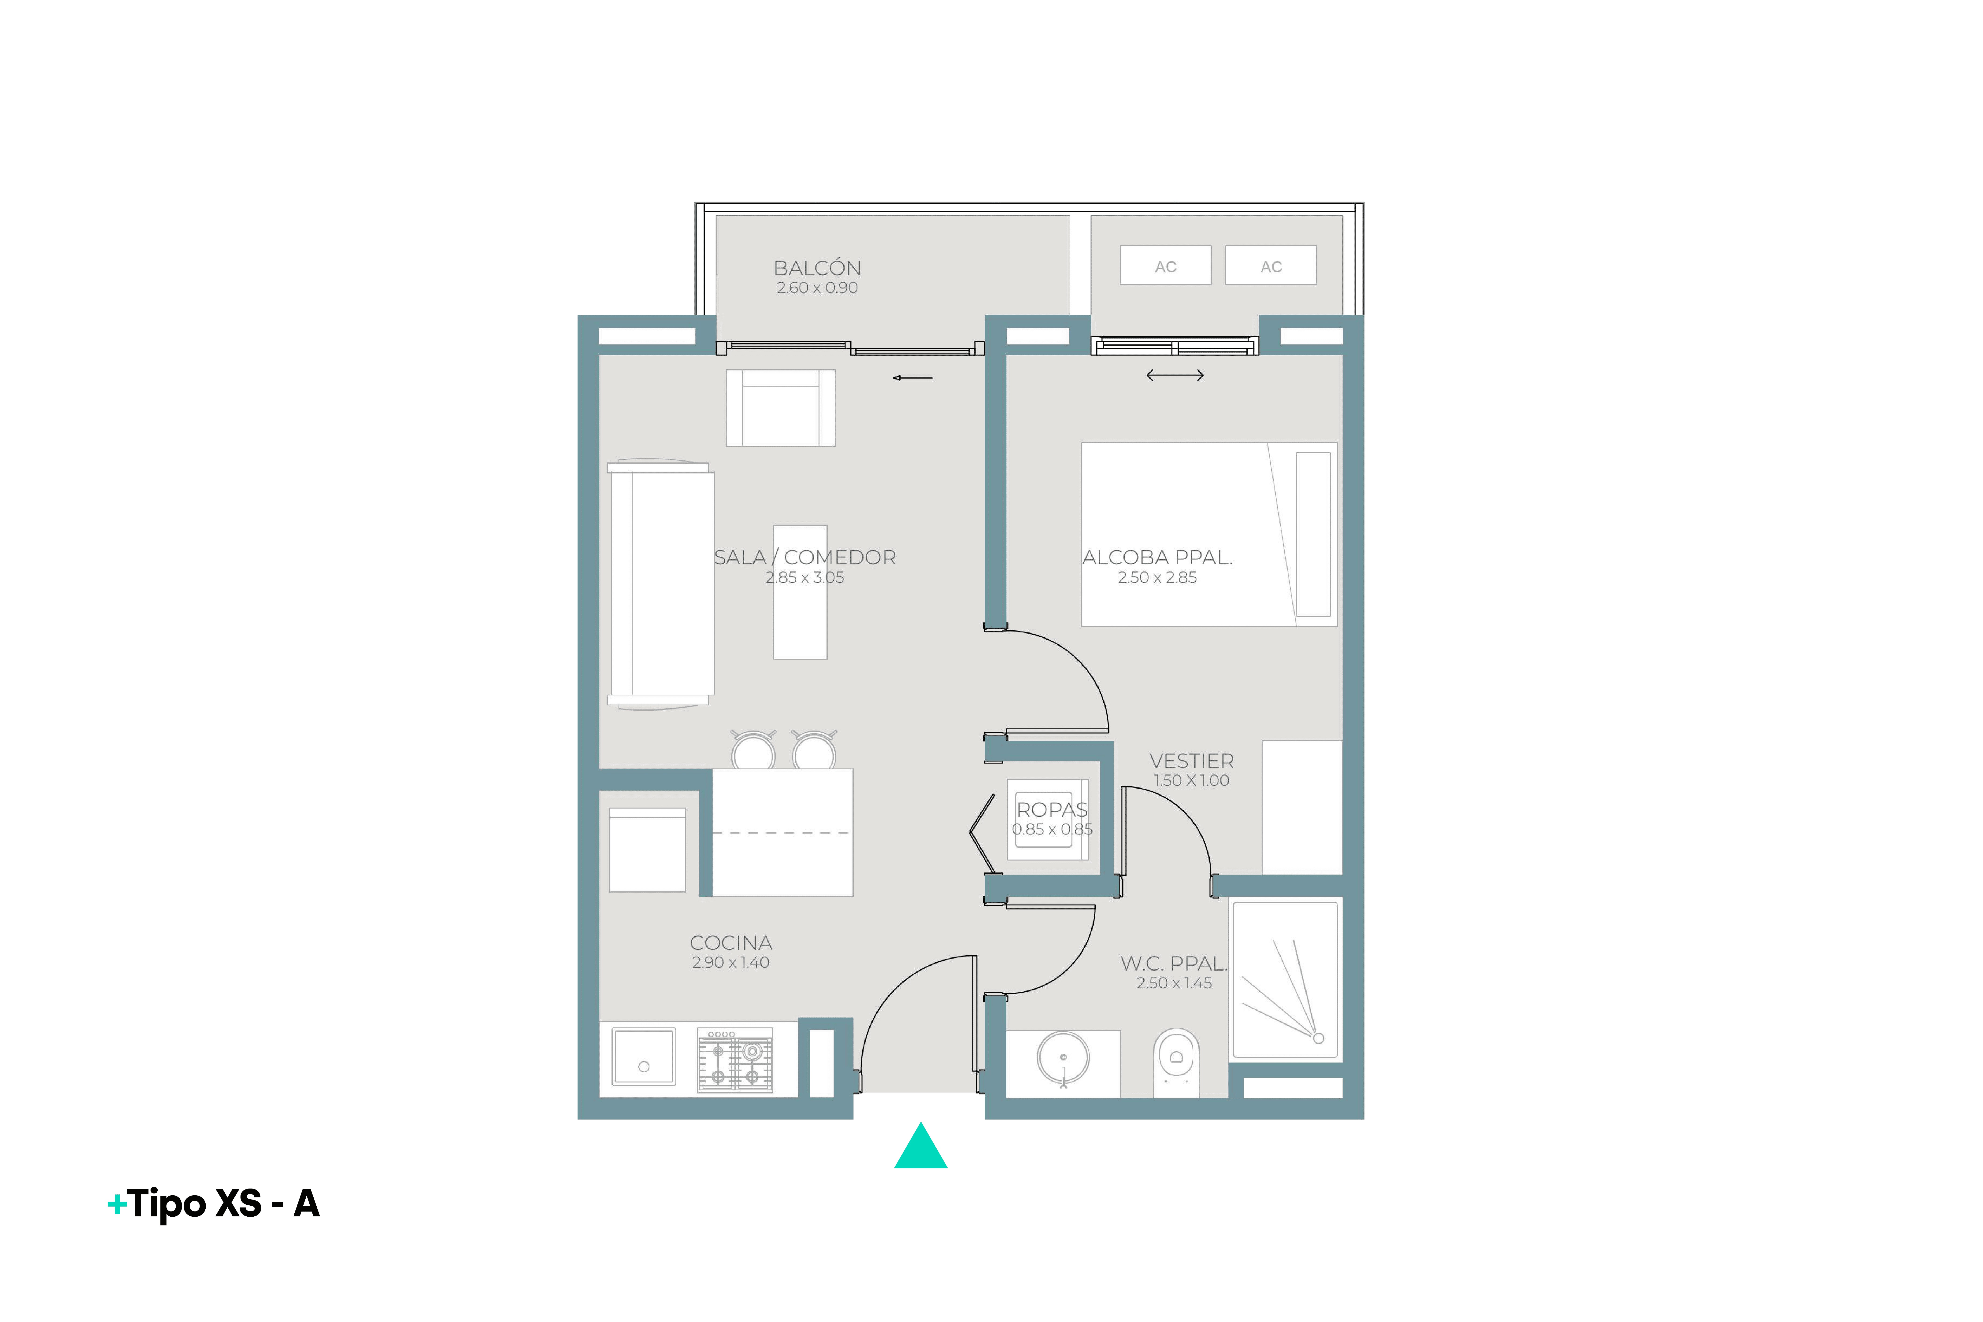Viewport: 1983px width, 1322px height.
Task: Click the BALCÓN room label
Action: [x=817, y=268]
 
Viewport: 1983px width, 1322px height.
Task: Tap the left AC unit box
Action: [x=1165, y=266]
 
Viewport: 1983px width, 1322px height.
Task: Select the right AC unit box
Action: [x=1271, y=266]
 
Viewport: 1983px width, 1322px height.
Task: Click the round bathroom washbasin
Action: [x=1063, y=1058]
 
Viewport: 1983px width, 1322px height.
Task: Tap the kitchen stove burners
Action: [x=734, y=1061]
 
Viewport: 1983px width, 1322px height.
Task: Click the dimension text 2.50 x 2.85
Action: [x=1157, y=578]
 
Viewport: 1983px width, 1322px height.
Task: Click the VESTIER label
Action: [x=1191, y=761]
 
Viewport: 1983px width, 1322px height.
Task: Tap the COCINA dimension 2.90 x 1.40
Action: [x=730, y=963]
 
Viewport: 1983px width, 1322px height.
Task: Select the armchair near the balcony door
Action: [x=781, y=407]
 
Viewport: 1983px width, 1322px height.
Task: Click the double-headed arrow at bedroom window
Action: [x=1175, y=375]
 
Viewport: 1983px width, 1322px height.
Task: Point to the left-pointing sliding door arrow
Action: [x=912, y=378]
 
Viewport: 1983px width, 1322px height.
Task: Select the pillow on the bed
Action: [x=1313, y=535]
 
